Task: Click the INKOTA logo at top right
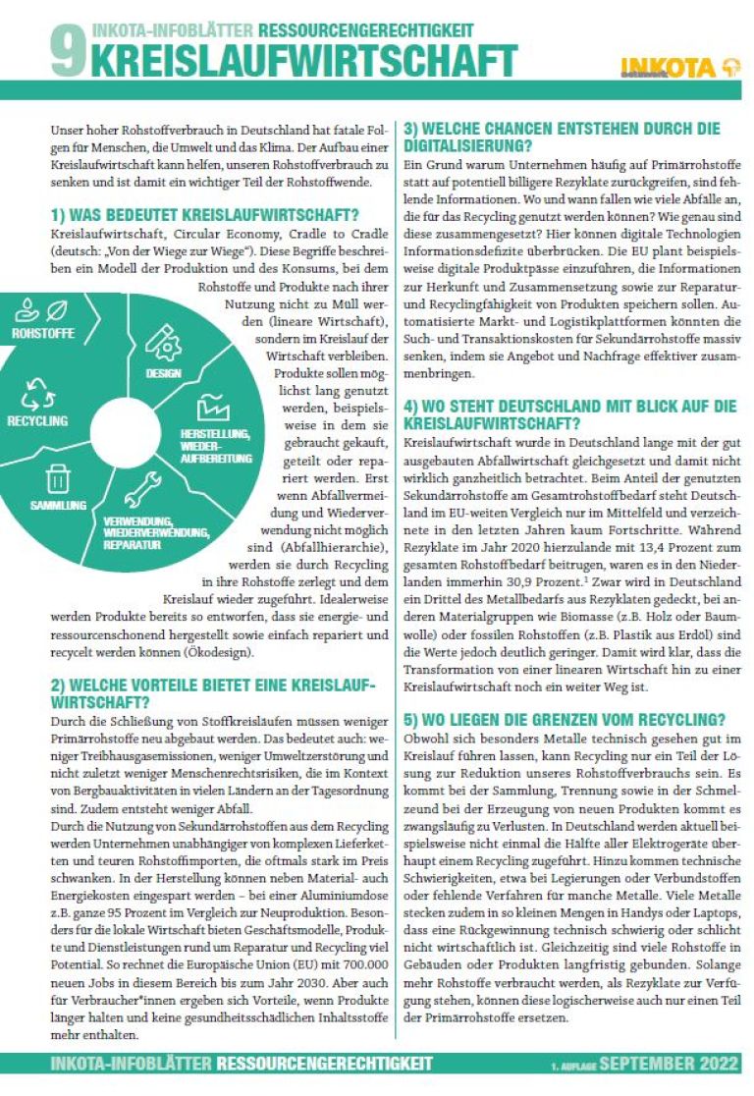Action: (x=679, y=66)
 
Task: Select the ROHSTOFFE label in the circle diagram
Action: (x=42, y=334)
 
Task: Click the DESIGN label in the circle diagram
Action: (x=164, y=374)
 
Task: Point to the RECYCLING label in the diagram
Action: (x=37, y=420)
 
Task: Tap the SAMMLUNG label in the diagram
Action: (x=59, y=505)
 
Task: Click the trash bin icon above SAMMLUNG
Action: (x=58, y=478)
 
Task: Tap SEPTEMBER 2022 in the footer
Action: (x=670, y=1064)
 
